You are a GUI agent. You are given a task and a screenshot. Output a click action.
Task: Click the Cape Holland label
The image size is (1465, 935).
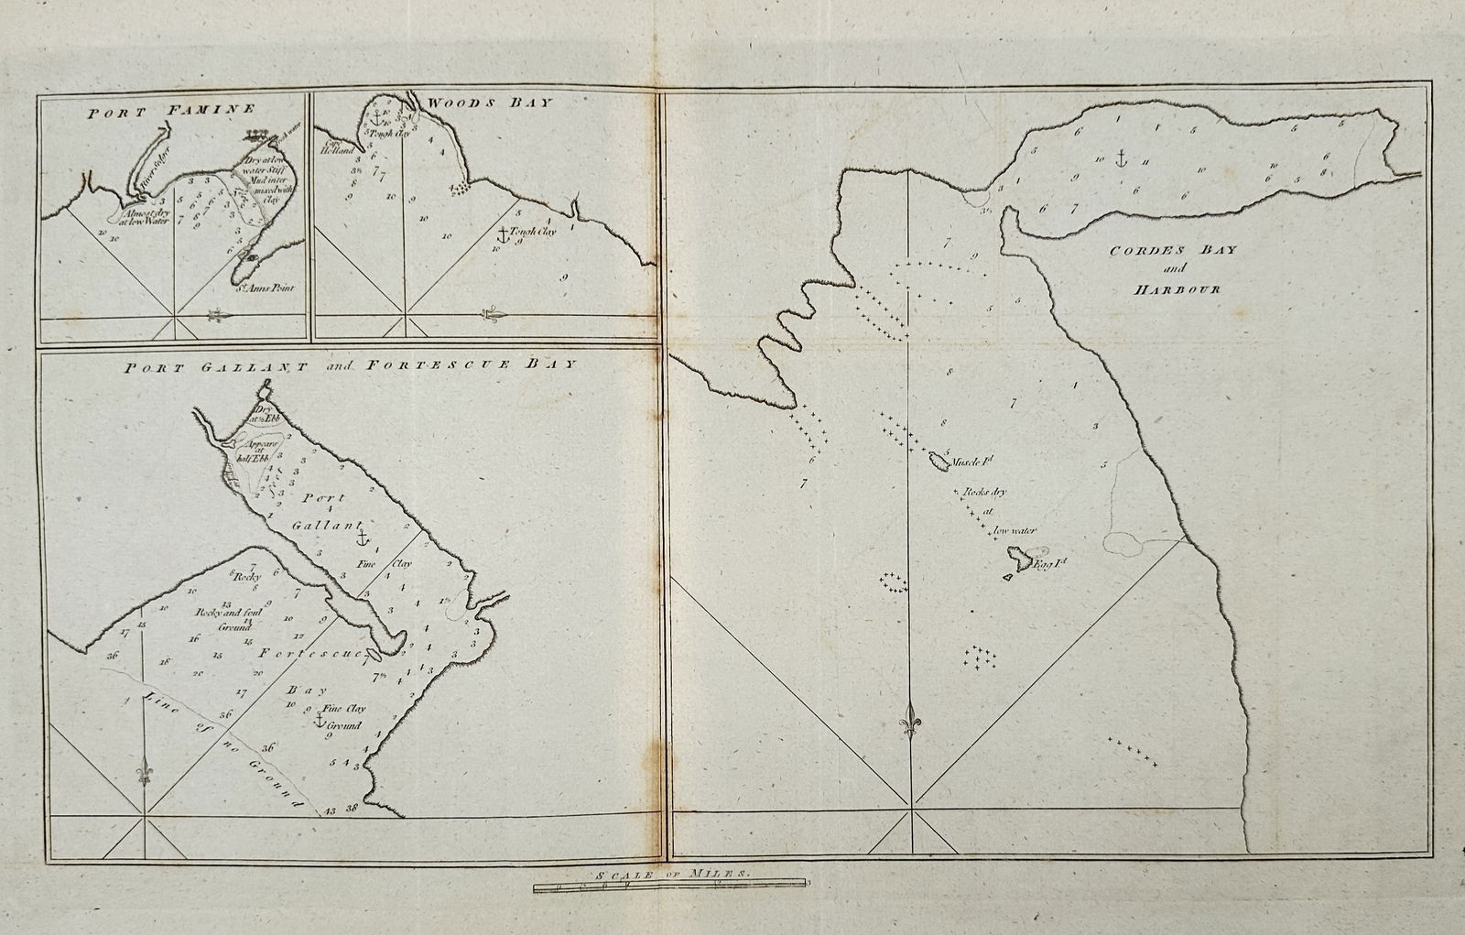coord(330,148)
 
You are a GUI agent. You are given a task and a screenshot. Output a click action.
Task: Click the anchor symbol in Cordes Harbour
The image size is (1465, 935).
coord(1119,158)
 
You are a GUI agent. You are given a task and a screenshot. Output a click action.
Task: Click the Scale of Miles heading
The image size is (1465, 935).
coord(670,875)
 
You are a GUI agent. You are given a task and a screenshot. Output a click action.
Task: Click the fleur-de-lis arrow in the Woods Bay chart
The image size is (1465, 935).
coord(493,315)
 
